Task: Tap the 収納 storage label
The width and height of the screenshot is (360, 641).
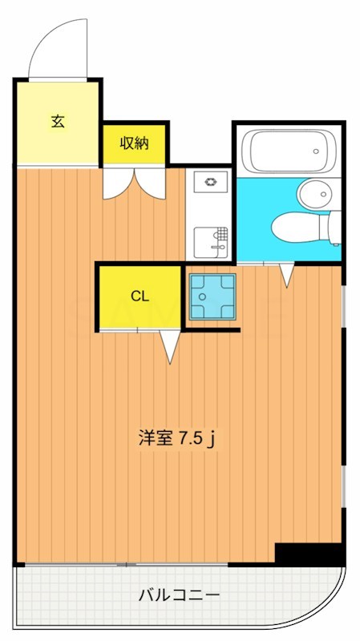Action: point(134,143)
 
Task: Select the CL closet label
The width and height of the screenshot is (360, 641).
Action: point(140,296)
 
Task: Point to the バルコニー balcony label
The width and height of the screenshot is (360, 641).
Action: point(179,595)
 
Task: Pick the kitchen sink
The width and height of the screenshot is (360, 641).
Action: point(210,238)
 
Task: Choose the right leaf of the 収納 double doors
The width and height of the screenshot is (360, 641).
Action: point(150,182)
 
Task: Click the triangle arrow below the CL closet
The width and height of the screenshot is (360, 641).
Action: point(170,346)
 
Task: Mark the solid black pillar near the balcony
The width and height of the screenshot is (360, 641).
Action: point(309,553)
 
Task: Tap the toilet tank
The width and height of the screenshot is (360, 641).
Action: point(331,227)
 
